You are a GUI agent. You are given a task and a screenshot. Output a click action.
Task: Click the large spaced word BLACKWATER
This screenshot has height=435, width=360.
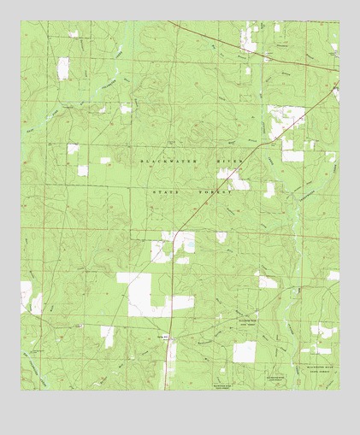tap(171, 161)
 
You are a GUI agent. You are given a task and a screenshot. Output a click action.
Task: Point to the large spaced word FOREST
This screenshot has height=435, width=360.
tap(216, 193)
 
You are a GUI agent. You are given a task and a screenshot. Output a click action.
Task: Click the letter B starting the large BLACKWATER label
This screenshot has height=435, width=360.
tap(142, 161)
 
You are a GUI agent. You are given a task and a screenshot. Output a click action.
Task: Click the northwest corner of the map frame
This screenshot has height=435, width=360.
tap(21, 21)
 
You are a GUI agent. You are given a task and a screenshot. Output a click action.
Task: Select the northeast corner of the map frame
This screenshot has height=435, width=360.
tap(339, 21)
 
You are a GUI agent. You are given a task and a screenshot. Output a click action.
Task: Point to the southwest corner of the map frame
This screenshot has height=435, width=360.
tap(21, 391)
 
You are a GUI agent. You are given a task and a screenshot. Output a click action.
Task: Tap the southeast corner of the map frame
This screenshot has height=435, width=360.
tap(339, 391)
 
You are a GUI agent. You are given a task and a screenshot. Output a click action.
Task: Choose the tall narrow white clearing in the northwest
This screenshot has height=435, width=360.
tap(63, 68)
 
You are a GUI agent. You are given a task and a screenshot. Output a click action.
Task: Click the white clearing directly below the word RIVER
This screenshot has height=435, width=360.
tap(233, 179)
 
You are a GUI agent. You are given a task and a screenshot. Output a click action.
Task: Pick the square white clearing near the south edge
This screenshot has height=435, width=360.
tap(245, 351)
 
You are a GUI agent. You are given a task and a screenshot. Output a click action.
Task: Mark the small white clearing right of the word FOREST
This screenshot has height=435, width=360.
tap(269, 190)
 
